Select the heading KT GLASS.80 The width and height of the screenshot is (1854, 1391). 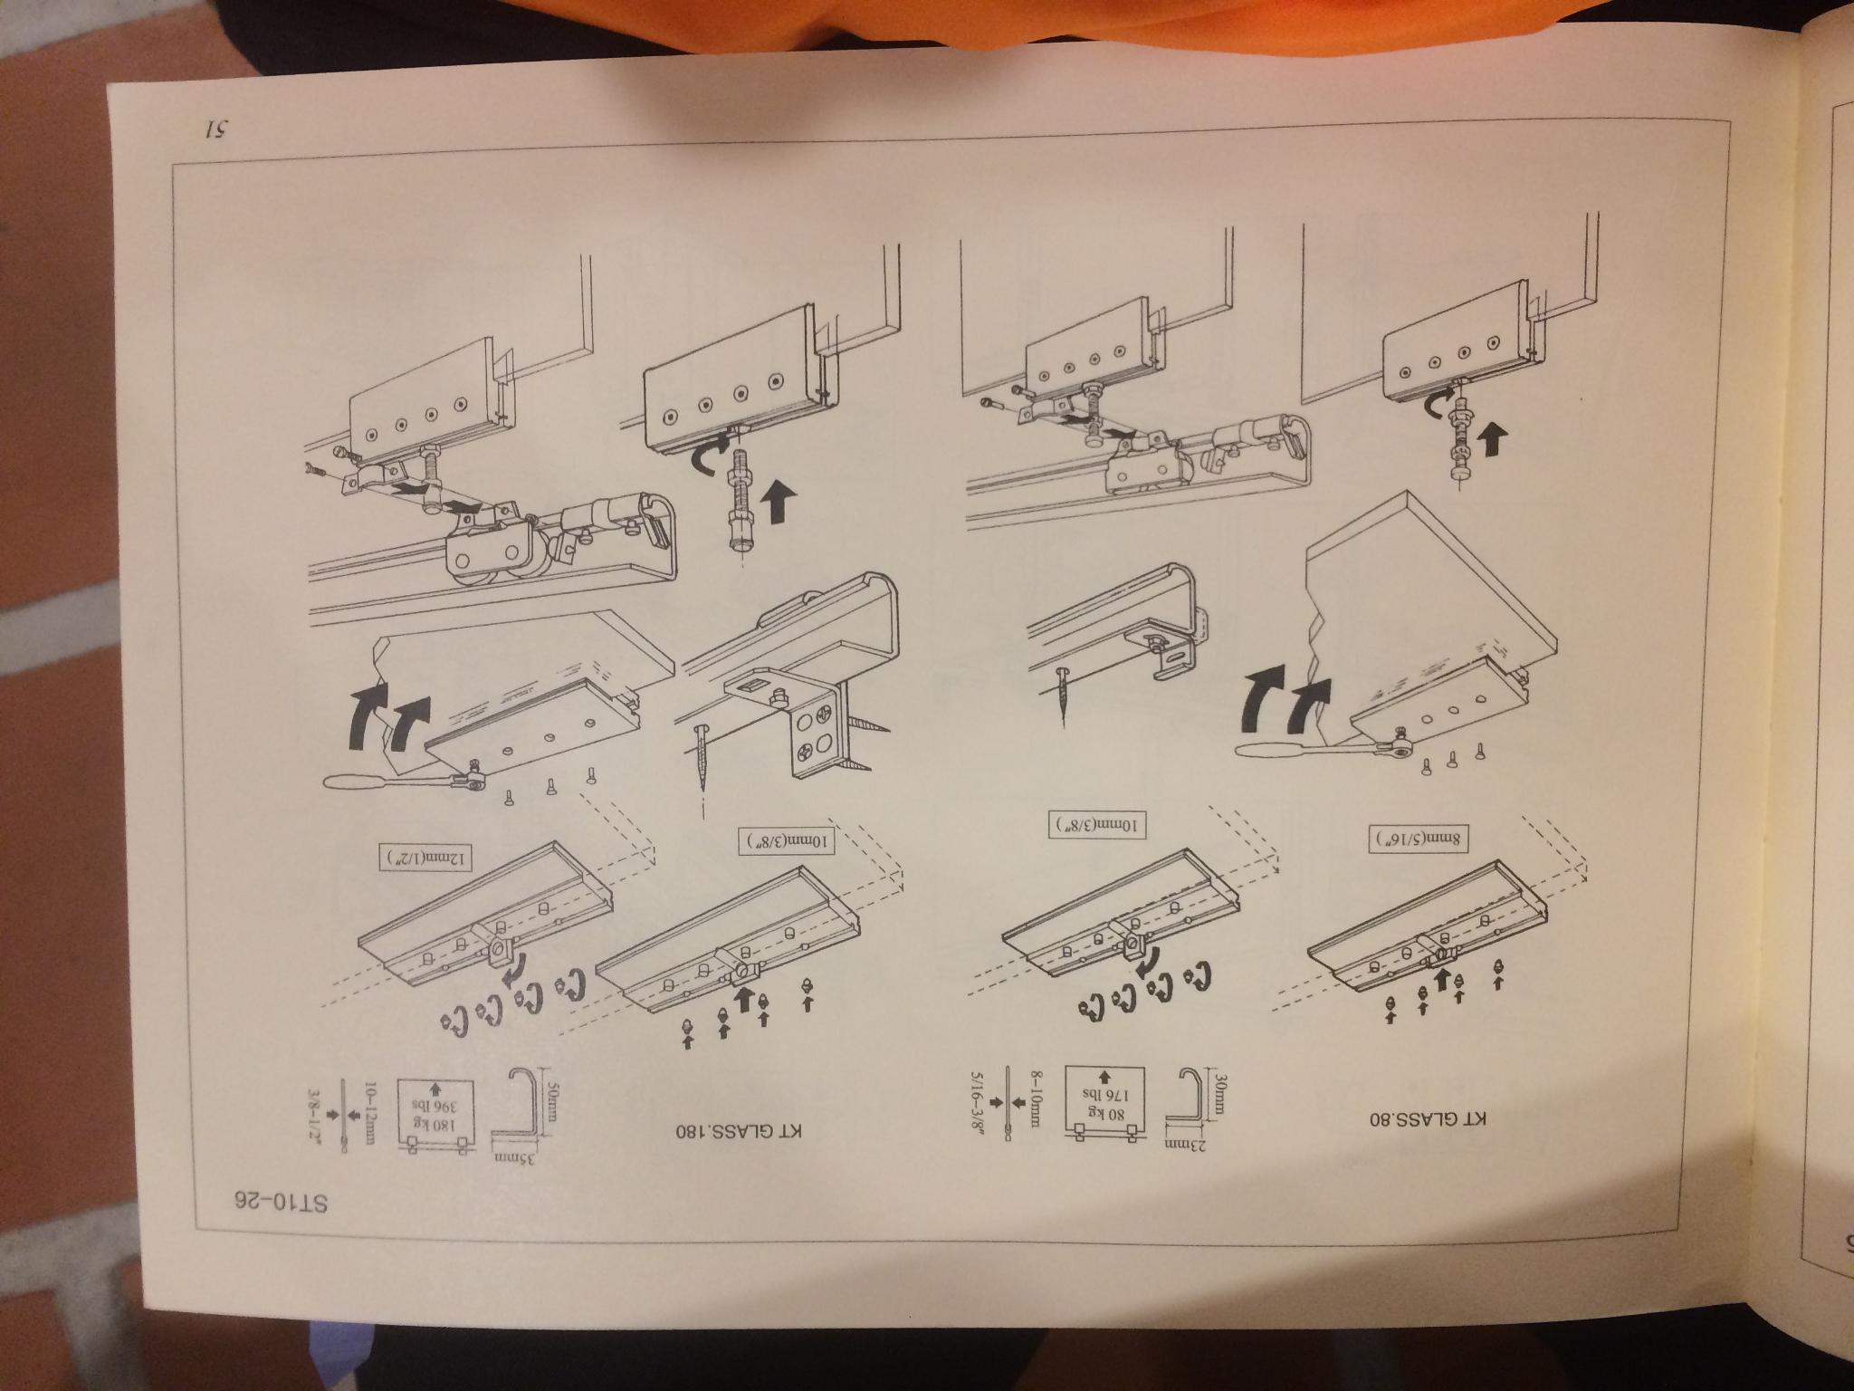click(1426, 1118)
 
